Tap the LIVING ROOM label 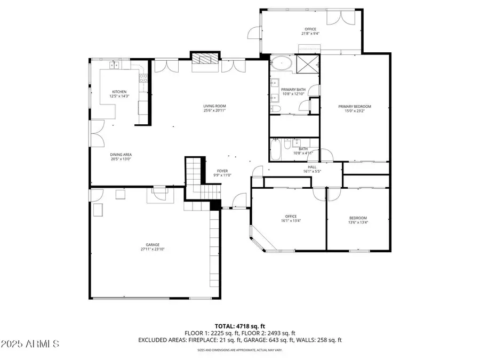tap(214, 106)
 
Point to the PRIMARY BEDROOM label tap(354, 107)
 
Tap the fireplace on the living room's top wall tap(205, 60)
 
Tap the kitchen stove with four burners tap(143, 79)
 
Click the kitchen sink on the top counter tap(114, 66)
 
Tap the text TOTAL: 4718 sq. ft tap(239, 325)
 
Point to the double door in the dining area tap(96, 133)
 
